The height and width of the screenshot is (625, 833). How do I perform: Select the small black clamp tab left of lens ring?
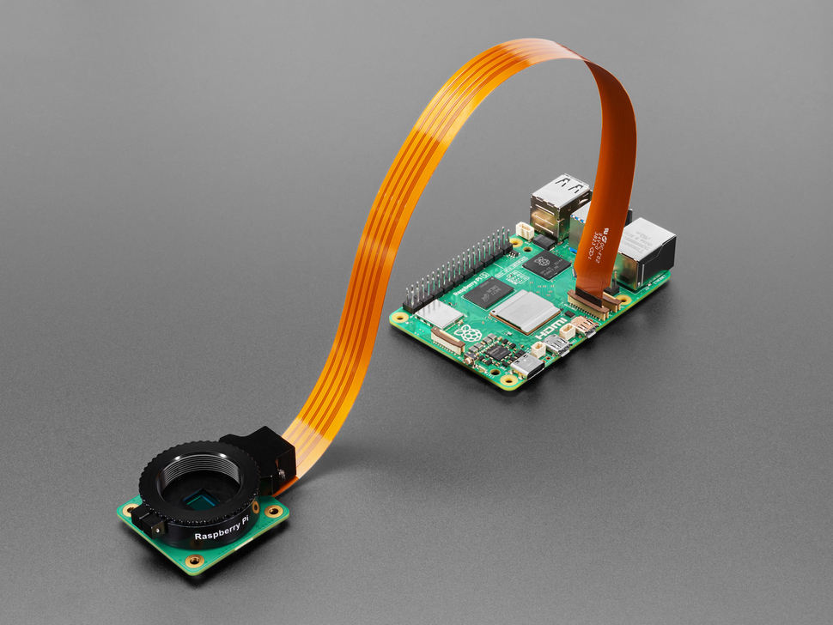(x=149, y=523)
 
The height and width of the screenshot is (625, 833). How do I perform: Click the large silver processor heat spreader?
(x=525, y=310)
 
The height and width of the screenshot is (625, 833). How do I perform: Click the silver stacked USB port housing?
(x=560, y=204)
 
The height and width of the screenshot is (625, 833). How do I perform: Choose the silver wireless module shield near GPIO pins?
(x=441, y=314)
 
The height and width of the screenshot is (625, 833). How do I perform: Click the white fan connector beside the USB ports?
(x=525, y=230)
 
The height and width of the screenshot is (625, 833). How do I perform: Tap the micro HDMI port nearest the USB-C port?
(x=556, y=345)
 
